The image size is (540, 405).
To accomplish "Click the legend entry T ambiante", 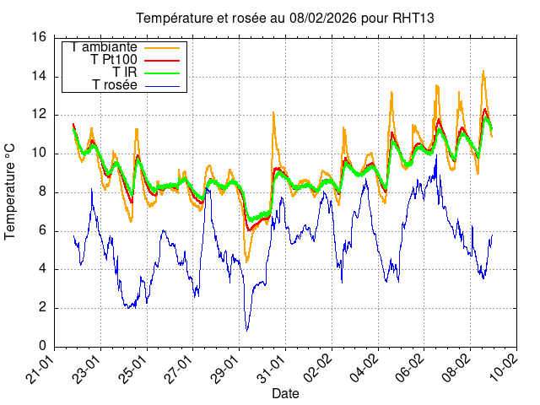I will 105,47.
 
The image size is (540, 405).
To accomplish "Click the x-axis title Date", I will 284,394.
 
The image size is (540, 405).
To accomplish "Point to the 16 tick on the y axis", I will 39,37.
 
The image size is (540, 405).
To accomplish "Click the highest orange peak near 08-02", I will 483,72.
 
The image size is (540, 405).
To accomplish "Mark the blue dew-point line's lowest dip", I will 246,330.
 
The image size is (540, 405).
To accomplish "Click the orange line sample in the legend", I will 164,47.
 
